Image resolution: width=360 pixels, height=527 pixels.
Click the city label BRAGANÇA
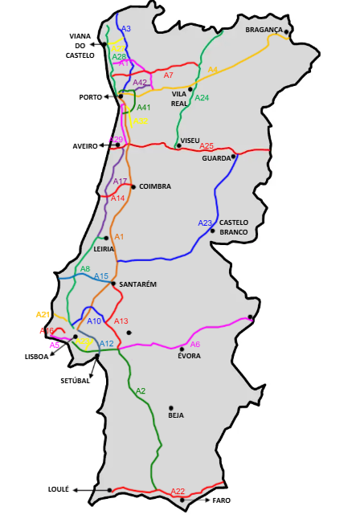[x=264, y=30]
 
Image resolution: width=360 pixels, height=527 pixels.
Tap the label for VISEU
[x=190, y=140]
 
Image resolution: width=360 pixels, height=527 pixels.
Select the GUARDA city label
[x=217, y=158]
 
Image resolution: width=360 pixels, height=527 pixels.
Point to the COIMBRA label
[x=155, y=186]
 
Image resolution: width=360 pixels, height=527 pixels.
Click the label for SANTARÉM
[x=137, y=284]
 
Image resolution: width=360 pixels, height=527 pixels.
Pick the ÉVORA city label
[x=190, y=356]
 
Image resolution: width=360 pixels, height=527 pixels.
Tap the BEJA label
[x=176, y=416]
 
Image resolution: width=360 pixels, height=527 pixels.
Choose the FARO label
[x=222, y=500]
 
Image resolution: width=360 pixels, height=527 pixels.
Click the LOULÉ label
[x=59, y=488]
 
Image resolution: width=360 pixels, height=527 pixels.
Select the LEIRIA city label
[x=104, y=249]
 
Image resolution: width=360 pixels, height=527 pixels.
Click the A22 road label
[x=178, y=492]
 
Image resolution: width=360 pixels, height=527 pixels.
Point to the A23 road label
[x=205, y=223]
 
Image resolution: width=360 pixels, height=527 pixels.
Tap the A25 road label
[x=207, y=146]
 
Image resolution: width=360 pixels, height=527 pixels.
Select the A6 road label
[x=194, y=344]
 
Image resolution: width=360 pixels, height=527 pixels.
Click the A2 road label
[x=140, y=390]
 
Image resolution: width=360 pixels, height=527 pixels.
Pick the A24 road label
[x=202, y=98]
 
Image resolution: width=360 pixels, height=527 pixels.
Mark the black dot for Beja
[x=171, y=407]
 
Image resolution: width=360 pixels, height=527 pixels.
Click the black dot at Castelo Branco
[x=212, y=231]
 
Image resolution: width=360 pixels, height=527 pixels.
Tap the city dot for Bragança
[x=286, y=32]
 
